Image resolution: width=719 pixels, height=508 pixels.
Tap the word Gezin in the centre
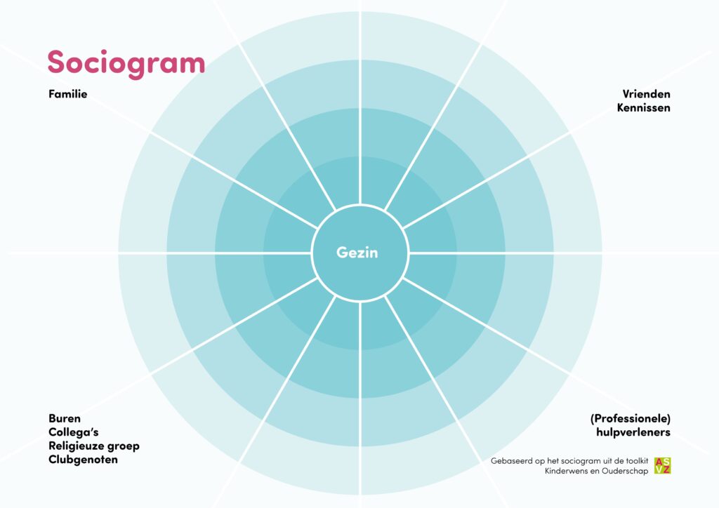357,253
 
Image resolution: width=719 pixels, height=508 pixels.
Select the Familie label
68,94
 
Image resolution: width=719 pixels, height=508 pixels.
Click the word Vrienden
646,94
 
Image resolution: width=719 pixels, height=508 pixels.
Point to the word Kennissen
643,107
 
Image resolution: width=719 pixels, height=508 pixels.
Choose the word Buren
65,418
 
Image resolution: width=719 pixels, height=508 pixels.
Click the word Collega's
73,432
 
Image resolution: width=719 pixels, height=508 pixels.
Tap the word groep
123,446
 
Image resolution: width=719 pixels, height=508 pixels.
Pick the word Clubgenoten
83,460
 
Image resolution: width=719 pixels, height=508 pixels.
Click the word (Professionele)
631,419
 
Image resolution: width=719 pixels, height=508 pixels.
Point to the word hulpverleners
633,432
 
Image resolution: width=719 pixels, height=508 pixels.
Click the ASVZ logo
662,465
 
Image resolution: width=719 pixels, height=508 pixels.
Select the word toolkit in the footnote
636,461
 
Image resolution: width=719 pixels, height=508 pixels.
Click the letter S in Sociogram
56,62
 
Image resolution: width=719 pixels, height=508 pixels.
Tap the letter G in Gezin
342,253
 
